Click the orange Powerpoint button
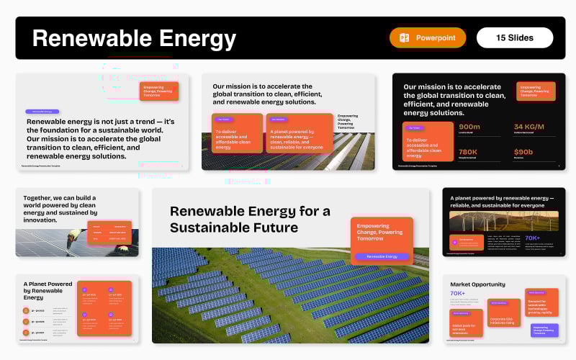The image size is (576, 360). click(x=428, y=37)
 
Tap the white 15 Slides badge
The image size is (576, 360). click(x=515, y=37)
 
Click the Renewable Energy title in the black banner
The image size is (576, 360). click(x=134, y=38)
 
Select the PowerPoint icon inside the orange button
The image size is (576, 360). click(x=405, y=37)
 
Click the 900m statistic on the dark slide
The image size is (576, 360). click(x=469, y=127)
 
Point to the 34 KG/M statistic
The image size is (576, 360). click(x=528, y=127)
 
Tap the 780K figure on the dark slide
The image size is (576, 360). click(x=468, y=152)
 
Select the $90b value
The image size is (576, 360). click(x=523, y=152)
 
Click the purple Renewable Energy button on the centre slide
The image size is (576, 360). click(x=382, y=256)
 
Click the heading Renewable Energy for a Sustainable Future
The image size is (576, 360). click(x=250, y=220)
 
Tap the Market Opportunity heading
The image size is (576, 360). click(x=477, y=284)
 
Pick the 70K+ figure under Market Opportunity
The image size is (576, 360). click(x=457, y=293)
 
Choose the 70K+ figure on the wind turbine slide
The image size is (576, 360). click(x=532, y=238)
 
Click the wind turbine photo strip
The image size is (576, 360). click(x=503, y=220)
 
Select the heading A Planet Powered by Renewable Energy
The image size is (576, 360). click(x=48, y=290)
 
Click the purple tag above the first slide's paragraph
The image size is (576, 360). click(x=42, y=112)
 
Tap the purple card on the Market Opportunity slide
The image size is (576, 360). click(x=545, y=330)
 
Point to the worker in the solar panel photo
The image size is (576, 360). click(x=74, y=239)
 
